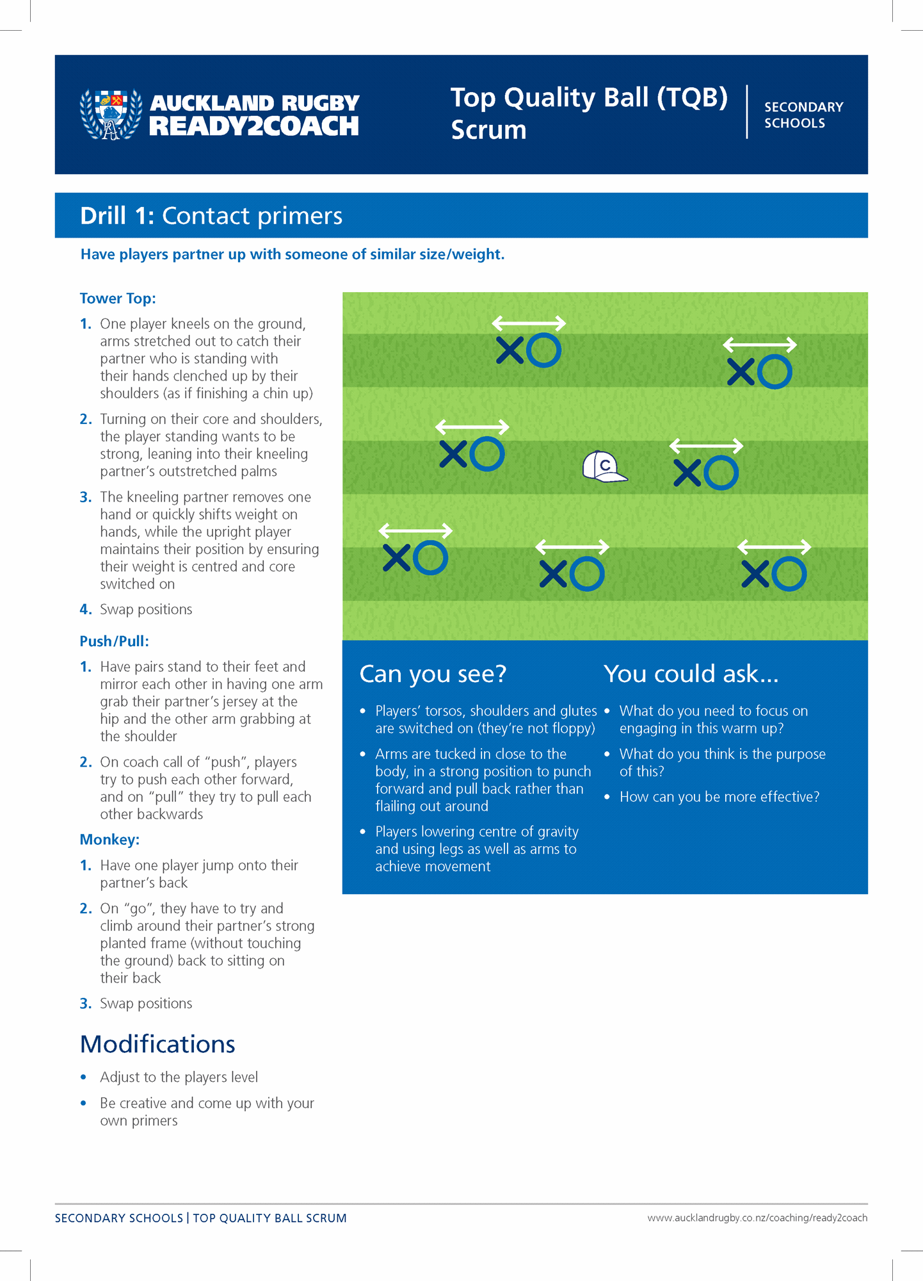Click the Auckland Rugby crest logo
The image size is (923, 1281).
[111, 115]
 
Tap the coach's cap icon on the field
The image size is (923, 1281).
[604, 466]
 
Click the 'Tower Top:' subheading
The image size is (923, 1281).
[118, 298]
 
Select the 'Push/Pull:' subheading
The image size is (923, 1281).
[114, 641]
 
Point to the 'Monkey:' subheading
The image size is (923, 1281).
[109, 840]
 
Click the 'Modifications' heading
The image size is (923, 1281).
[157, 1044]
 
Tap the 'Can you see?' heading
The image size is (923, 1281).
[433, 674]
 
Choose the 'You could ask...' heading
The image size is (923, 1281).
[691, 674]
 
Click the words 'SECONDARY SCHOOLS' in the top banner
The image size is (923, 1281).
[803, 115]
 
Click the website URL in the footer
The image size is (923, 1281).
[757, 1218]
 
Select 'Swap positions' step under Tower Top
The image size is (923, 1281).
[146, 609]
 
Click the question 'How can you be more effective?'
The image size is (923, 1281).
[719, 797]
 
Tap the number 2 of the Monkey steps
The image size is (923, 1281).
[86, 908]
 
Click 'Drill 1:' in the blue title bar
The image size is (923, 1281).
[117, 216]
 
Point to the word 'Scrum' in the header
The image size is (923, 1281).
[488, 130]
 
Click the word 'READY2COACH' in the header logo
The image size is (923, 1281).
[254, 126]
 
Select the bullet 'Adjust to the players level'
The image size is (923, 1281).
[179, 1077]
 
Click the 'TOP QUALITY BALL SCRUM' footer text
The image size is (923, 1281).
[269, 1218]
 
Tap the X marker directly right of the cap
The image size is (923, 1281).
[687, 473]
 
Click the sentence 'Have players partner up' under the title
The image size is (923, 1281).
[293, 254]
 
